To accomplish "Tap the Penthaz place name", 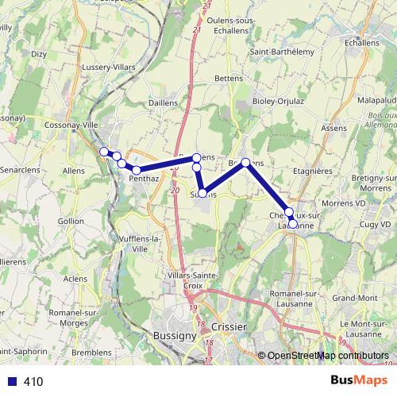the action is (144, 179).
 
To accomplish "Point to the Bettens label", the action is (231, 80).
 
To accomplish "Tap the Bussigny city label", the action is (174, 336).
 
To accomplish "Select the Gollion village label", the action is (71, 221).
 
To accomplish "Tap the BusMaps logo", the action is (359, 381).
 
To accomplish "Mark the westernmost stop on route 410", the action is (104, 152).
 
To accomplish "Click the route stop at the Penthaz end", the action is (137, 170).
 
